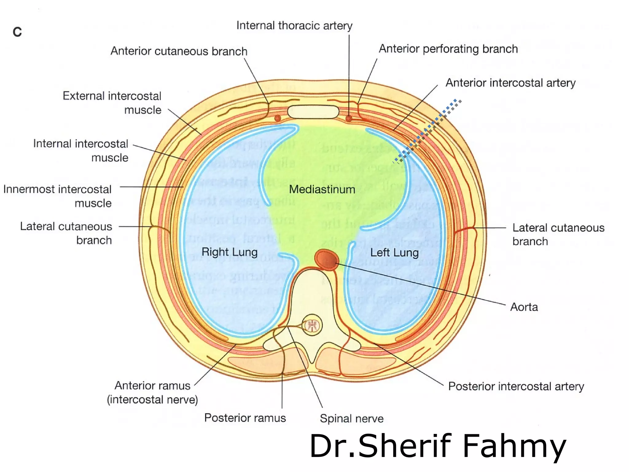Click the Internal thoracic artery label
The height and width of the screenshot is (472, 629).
tap(294, 26)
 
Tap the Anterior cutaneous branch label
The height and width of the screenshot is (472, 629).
tap(179, 51)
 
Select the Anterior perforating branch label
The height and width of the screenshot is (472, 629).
tap(448, 49)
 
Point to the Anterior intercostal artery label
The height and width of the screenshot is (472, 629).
tap(510, 83)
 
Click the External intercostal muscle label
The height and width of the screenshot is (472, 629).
tap(112, 103)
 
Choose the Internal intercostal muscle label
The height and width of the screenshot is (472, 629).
tap(81, 150)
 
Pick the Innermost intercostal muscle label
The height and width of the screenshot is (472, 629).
tap(57, 196)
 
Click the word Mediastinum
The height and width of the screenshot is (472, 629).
tap(322, 189)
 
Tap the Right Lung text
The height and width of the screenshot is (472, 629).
tap(229, 252)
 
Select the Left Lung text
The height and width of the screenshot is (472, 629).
tap(394, 253)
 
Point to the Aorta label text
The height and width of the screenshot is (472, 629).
tap(524, 307)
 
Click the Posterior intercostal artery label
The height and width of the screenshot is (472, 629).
tap(516, 386)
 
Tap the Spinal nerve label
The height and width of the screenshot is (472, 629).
tap(352, 419)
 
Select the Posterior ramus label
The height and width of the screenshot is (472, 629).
tap(245, 418)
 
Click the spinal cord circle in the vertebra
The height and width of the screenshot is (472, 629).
tap(312, 325)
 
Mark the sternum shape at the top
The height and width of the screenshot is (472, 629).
tap(313, 112)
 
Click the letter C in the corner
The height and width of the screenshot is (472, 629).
tap(17, 32)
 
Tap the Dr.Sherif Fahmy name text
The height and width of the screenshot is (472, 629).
tap(437, 446)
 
